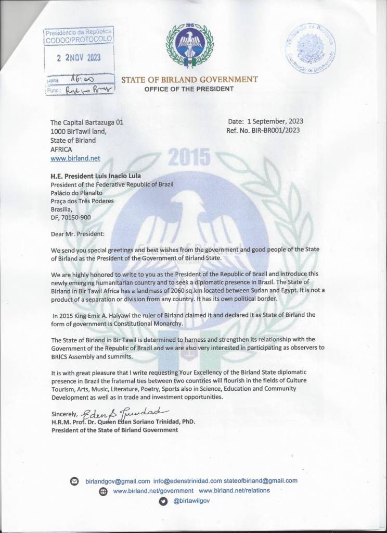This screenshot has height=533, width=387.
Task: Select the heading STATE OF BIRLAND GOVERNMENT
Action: pos(189,80)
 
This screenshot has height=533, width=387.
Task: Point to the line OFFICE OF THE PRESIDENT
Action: pos(189,89)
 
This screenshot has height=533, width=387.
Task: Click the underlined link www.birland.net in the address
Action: pos(75,157)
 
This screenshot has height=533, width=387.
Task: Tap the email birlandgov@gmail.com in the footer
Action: pos(118,481)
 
